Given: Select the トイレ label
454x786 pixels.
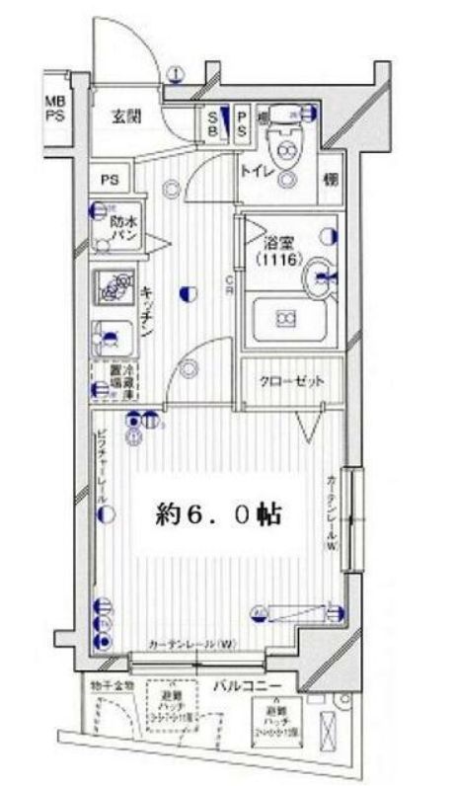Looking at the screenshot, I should pos(256,171).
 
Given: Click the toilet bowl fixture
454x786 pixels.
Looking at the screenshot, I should pos(287,149).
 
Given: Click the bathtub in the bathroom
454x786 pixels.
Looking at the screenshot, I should pos(286,318).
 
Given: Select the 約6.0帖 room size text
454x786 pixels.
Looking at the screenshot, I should pos(218,513).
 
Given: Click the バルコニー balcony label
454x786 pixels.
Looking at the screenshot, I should pos(245,685).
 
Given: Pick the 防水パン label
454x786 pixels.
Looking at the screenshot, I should pos(123,229).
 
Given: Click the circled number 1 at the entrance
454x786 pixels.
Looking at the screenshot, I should pos(174,73).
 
